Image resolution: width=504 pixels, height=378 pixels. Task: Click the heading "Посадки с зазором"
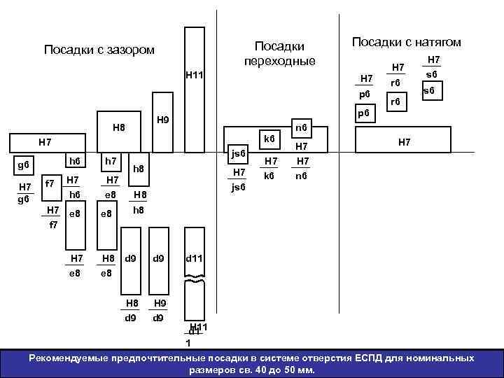coord(99,50)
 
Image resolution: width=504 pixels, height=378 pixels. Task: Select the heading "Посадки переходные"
coord(279,54)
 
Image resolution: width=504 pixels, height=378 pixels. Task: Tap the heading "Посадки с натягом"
coord(406,43)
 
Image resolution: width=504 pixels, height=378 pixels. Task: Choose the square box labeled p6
coord(363,112)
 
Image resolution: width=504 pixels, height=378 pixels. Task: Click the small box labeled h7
coord(111,162)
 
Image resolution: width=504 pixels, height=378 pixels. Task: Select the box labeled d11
coord(195,259)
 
